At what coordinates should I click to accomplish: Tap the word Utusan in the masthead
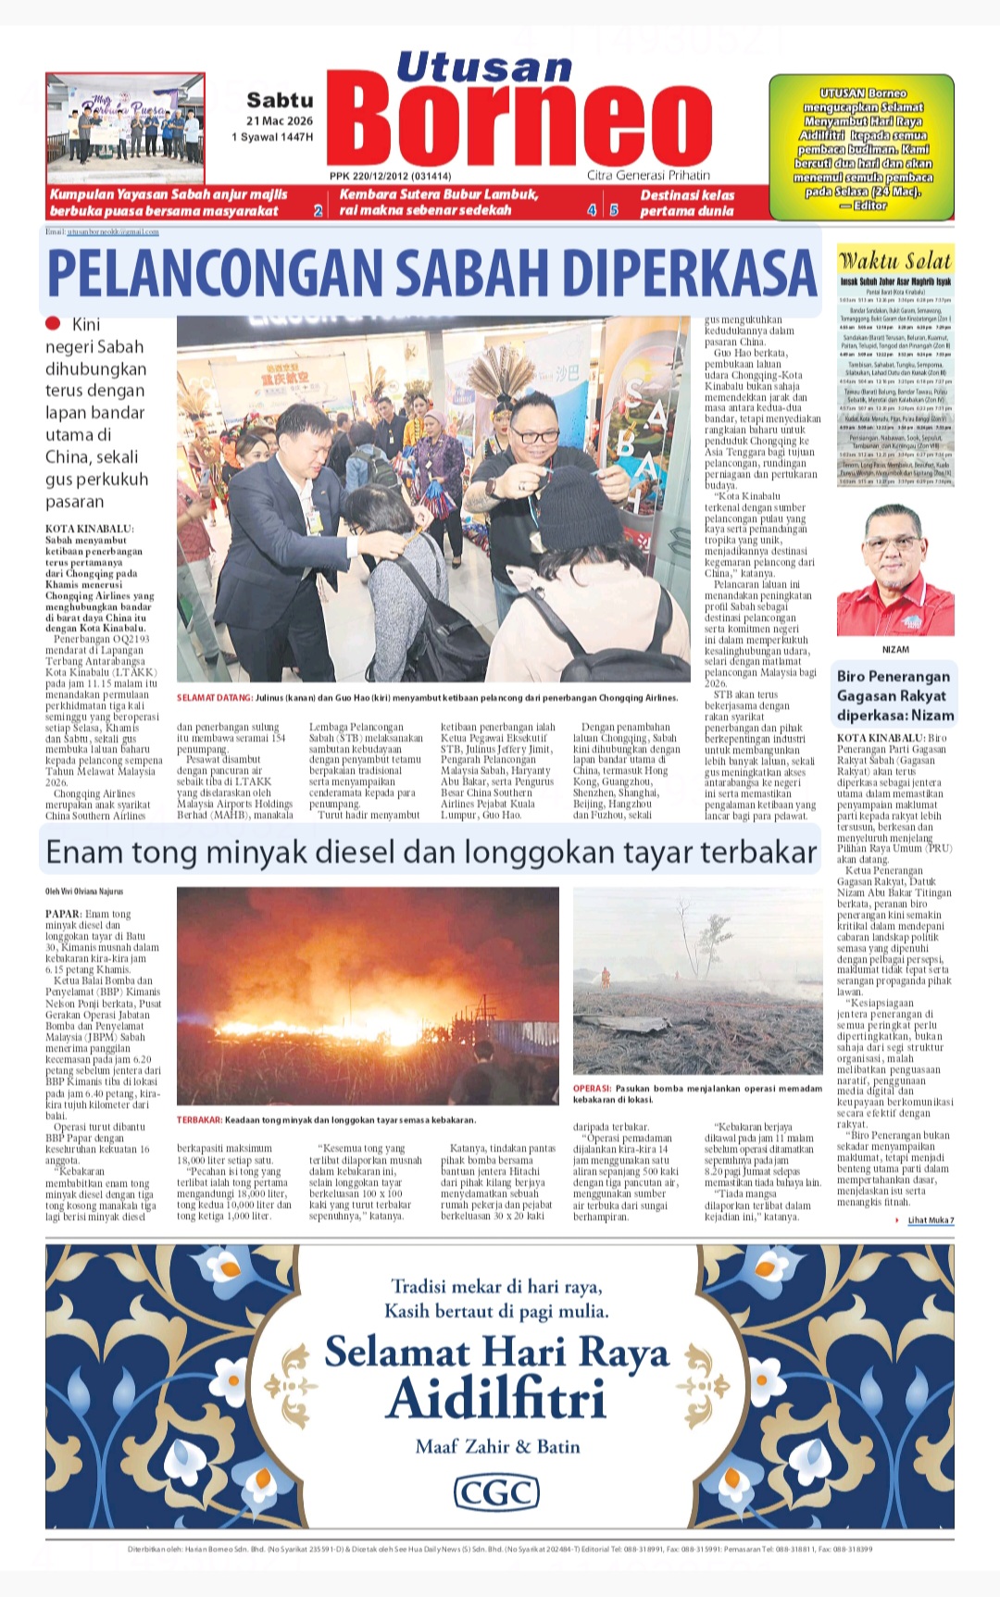484,67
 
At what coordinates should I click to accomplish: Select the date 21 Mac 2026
280,121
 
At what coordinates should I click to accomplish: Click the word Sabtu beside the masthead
280,100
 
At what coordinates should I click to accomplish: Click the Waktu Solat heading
894,261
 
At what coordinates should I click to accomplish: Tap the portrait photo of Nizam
894,570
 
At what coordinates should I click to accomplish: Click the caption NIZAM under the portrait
895,650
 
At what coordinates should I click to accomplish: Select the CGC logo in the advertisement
496,1492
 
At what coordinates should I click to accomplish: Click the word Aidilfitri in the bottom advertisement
496,1399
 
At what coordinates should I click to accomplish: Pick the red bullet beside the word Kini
53,323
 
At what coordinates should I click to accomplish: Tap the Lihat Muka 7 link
930,1220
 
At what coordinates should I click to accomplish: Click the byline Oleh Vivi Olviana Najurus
84,892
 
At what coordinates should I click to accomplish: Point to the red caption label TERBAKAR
199,1120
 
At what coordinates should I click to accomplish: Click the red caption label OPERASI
592,1089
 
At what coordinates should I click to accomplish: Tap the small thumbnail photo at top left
125,127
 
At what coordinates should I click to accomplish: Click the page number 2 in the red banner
318,211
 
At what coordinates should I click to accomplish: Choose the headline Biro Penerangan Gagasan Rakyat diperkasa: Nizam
894,696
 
